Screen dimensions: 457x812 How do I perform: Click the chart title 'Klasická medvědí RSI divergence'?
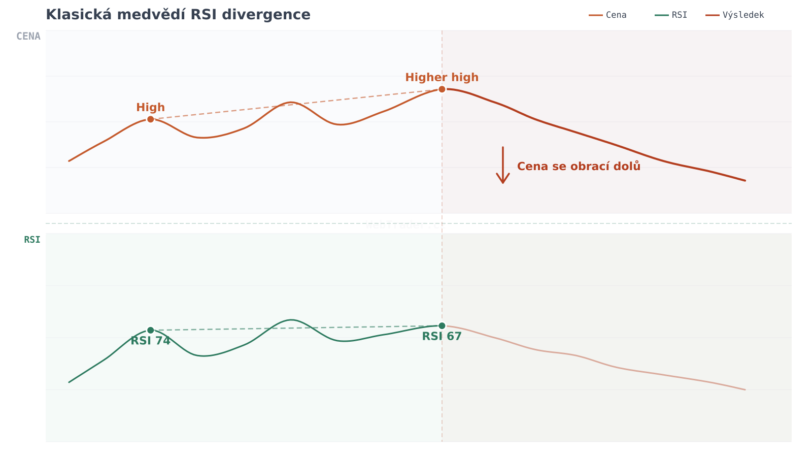coord(178,15)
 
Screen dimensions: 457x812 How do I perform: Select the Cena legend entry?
coord(608,15)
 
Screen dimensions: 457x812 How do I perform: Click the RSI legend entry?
coord(671,15)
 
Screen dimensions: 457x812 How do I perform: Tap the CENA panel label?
coord(28,37)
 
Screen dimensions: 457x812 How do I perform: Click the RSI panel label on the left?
coord(32,240)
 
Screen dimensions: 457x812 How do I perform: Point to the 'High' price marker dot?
coord(151,119)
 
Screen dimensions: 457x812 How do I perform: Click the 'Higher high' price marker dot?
coord(442,89)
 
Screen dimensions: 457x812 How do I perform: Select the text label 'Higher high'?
coord(442,78)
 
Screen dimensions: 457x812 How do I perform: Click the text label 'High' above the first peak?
coord(150,108)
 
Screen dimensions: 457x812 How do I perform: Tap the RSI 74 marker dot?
coord(151,330)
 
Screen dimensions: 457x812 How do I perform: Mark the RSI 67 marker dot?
coord(442,325)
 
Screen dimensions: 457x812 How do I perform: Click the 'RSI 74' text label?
coord(150,341)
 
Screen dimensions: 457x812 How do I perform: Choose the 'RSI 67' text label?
coord(442,337)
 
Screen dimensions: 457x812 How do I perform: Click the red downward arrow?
coord(503,165)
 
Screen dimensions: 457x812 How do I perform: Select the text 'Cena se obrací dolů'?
coord(579,167)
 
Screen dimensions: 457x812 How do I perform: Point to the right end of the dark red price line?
coord(745,180)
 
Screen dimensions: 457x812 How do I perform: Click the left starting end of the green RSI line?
coord(69,382)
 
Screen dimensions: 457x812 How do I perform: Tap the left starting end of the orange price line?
coord(69,161)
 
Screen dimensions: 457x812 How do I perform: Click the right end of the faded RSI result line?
coord(745,389)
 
